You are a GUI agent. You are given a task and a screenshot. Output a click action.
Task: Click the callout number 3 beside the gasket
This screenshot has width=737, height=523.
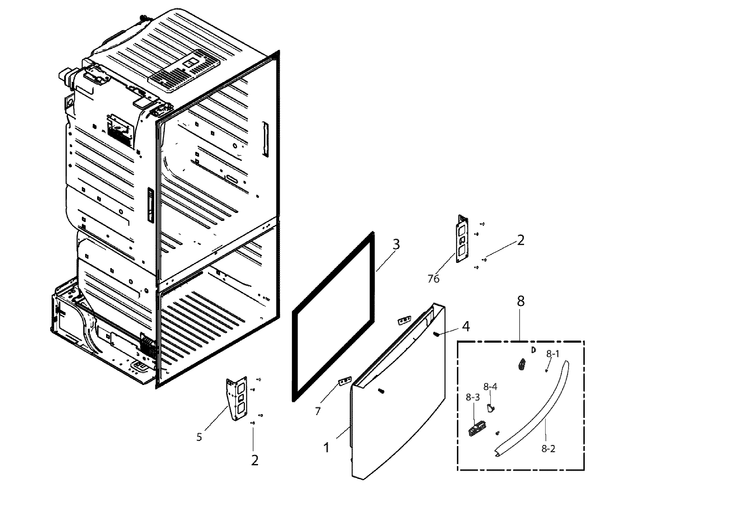click(x=396, y=244)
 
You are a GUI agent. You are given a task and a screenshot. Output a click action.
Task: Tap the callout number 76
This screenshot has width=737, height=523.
click(x=434, y=278)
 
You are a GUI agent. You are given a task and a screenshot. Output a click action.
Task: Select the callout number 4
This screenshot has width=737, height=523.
click(x=466, y=326)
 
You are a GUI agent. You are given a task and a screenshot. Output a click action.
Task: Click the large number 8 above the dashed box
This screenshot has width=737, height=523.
click(x=521, y=301)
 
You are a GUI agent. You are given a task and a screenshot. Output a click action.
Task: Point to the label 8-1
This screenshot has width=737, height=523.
click(x=553, y=354)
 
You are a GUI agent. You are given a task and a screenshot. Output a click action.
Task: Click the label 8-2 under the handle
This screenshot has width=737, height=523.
click(x=548, y=449)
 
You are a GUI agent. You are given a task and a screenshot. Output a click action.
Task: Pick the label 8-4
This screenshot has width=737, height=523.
click(x=490, y=386)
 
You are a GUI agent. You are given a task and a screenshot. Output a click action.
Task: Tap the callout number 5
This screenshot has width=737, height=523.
click(x=199, y=437)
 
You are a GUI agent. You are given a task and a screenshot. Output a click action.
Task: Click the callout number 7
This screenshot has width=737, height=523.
click(x=318, y=411)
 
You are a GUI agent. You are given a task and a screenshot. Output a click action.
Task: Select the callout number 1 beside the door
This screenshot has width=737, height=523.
click(x=326, y=447)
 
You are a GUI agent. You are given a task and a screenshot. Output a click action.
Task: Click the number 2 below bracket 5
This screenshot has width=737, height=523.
click(x=255, y=460)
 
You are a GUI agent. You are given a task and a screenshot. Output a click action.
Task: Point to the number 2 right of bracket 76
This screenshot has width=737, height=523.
click(x=520, y=240)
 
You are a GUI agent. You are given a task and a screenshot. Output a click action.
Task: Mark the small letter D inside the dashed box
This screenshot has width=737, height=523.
click(x=533, y=350)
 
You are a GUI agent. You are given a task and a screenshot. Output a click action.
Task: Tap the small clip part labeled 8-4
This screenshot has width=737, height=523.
click(x=490, y=409)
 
